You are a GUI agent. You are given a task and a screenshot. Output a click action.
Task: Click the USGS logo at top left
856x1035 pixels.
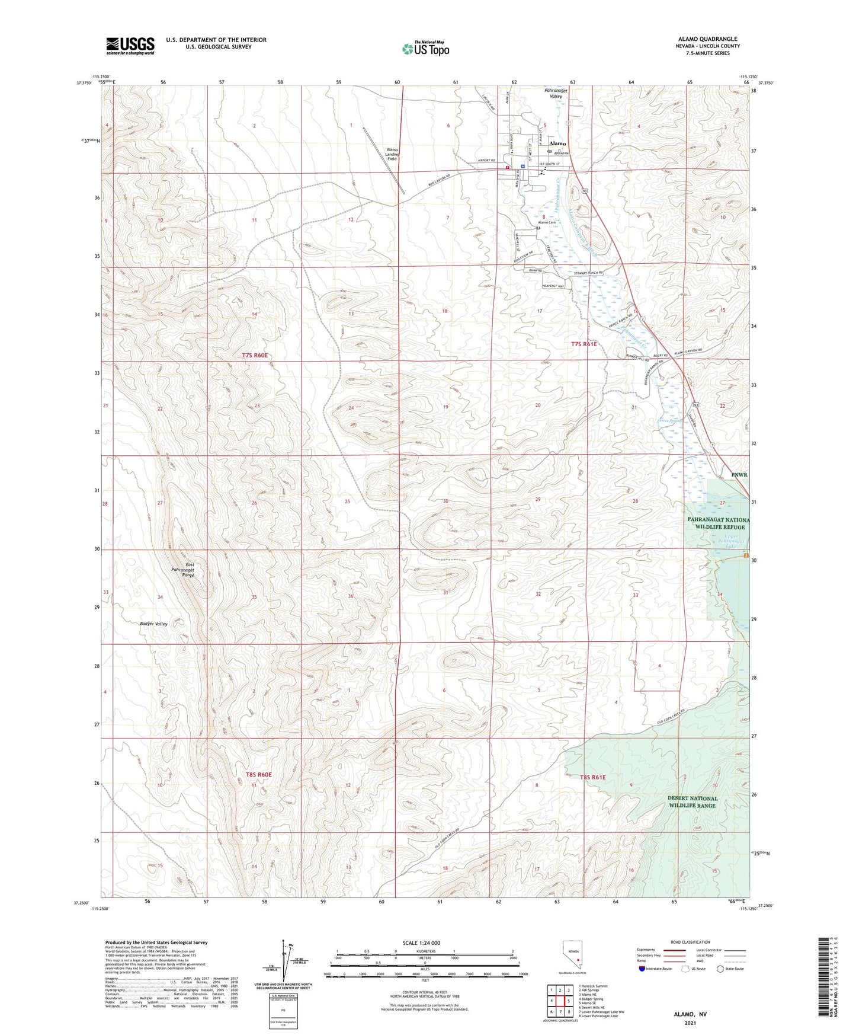(130, 46)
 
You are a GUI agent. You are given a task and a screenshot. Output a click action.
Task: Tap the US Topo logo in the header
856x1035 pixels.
(425, 48)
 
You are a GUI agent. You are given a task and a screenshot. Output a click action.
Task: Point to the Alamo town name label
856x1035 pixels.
(557, 143)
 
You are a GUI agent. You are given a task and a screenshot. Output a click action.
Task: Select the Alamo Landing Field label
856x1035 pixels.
(392, 155)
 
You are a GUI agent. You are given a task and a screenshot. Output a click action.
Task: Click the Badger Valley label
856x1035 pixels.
(154, 624)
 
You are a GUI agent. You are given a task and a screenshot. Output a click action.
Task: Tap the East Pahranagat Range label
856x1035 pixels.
(182, 570)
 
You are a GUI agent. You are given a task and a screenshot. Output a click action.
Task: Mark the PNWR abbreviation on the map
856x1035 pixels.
(739, 475)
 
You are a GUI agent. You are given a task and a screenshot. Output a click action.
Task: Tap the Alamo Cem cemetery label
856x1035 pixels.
(547, 222)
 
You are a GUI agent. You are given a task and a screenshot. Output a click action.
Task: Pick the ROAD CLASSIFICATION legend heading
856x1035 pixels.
(690, 942)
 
